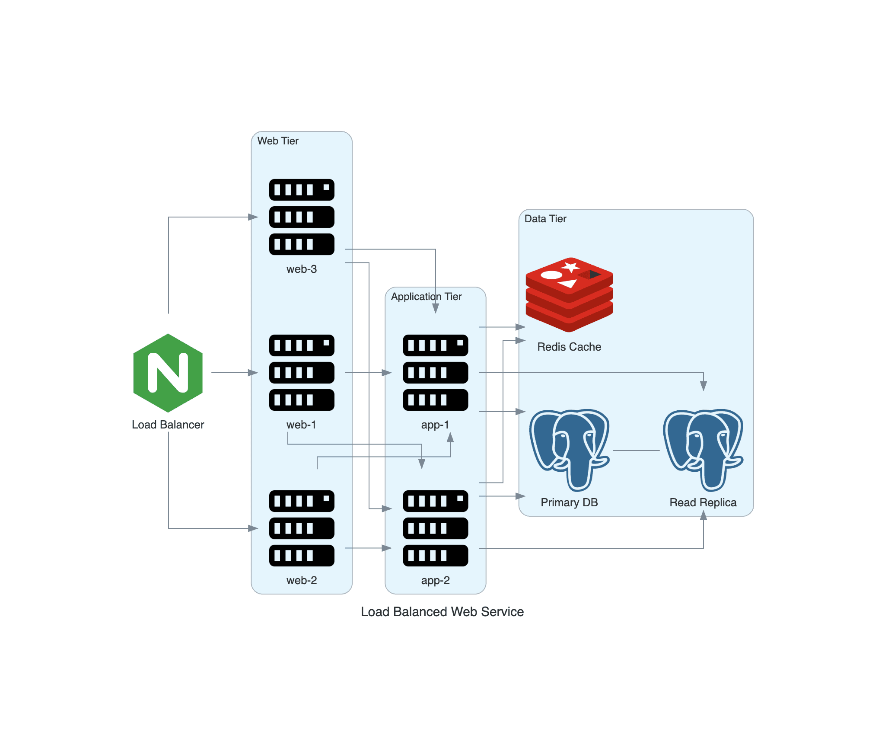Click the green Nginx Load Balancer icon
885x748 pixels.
coord(168,373)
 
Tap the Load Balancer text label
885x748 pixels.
coord(168,425)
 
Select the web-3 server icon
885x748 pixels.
coord(302,217)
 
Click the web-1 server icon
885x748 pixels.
coord(302,373)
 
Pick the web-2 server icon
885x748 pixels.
coord(302,528)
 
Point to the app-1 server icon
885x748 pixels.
coord(435,373)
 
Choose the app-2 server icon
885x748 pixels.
coord(435,528)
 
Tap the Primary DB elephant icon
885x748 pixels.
coord(569,450)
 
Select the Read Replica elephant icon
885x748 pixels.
coord(703,450)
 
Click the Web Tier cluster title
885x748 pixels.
coord(278,141)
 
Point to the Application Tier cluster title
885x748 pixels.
coord(426,297)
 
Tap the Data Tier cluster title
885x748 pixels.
coord(545,219)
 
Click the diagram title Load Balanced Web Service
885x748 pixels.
coord(442,612)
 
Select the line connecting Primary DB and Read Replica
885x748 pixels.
coord(636,451)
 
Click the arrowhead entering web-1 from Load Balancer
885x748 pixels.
coord(253,373)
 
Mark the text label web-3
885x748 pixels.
coord(302,269)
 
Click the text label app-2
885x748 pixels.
coord(435,580)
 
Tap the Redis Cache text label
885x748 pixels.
coord(569,347)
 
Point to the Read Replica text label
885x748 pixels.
coord(703,502)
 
